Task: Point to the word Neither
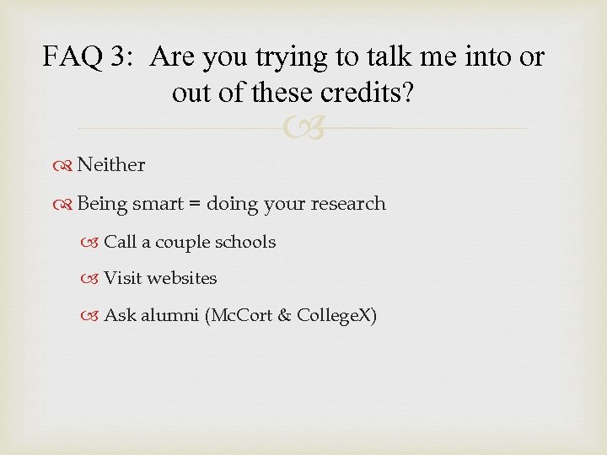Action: [x=110, y=165]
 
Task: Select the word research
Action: [x=346, y=204]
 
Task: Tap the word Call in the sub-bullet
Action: [x=120, y=242]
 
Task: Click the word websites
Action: [x=183, y=278]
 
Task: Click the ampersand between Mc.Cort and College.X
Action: [x=282, y=316]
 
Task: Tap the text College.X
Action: [x=332, y=316]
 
